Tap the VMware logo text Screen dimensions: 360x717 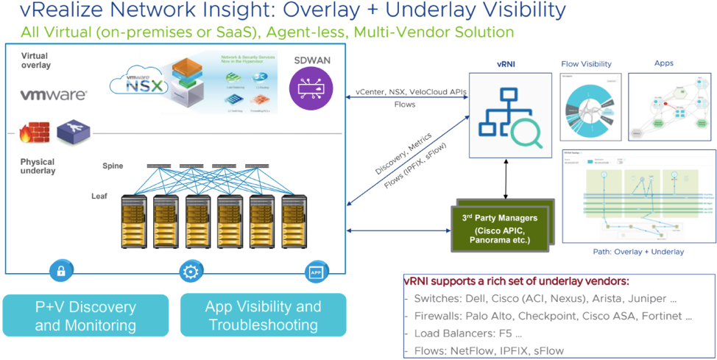coord(53,95)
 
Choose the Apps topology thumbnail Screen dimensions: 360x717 coord(668,106)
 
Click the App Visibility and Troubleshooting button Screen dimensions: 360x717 coord(263,316)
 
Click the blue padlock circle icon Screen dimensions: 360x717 coord(62,271)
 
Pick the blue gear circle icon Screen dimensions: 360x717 coord(190,271)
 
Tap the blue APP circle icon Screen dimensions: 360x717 coord(317,271)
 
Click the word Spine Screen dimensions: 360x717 coord(113,166)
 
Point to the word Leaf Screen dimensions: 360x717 coord(99,197)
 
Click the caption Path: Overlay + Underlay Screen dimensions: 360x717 coord(638,252)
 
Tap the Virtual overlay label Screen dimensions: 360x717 coord(36,60)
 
